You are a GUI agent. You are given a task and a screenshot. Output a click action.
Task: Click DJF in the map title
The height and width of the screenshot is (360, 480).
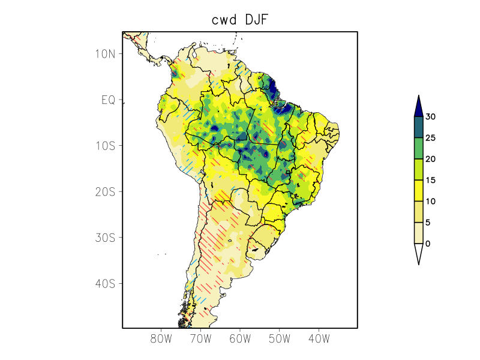(256, 20)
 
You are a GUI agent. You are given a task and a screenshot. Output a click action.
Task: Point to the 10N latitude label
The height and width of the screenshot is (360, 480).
(105, 54)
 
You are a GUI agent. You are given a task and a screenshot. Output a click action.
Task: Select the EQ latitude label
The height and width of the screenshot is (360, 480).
(108, 100)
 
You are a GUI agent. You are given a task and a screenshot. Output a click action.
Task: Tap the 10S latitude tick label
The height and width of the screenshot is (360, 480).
(105, 146)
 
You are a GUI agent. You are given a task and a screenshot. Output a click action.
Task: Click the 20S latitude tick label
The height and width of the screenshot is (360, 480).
(105, 192)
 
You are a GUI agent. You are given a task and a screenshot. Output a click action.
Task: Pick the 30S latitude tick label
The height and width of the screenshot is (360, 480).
(105, 238)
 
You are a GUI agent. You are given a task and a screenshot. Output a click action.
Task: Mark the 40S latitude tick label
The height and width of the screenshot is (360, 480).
(105, 283)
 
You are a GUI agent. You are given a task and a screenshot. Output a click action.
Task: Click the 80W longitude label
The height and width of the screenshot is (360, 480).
(161, 338)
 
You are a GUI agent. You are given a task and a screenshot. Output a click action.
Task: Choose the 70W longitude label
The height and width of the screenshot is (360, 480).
(200, 338)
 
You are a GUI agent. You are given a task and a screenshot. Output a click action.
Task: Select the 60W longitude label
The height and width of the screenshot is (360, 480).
(240, 338)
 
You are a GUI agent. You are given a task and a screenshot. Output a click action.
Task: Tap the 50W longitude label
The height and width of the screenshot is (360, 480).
(279, 338)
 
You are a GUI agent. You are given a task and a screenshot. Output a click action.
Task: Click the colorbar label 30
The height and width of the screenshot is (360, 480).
(430, 117)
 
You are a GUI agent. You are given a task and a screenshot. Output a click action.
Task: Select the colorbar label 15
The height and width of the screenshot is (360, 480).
(430, 180)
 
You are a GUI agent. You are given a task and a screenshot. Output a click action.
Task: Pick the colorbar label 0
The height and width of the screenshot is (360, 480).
(428, 244)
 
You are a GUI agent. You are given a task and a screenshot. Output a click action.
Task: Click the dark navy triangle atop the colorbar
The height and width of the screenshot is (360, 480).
(418, 107)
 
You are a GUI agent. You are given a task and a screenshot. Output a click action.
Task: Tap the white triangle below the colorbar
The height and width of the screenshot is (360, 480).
(418, 253)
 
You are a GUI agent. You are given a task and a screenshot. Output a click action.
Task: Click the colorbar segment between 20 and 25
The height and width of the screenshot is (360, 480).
(418, 148)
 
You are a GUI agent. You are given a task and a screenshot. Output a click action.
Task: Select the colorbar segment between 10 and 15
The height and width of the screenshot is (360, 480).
(418, 190)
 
